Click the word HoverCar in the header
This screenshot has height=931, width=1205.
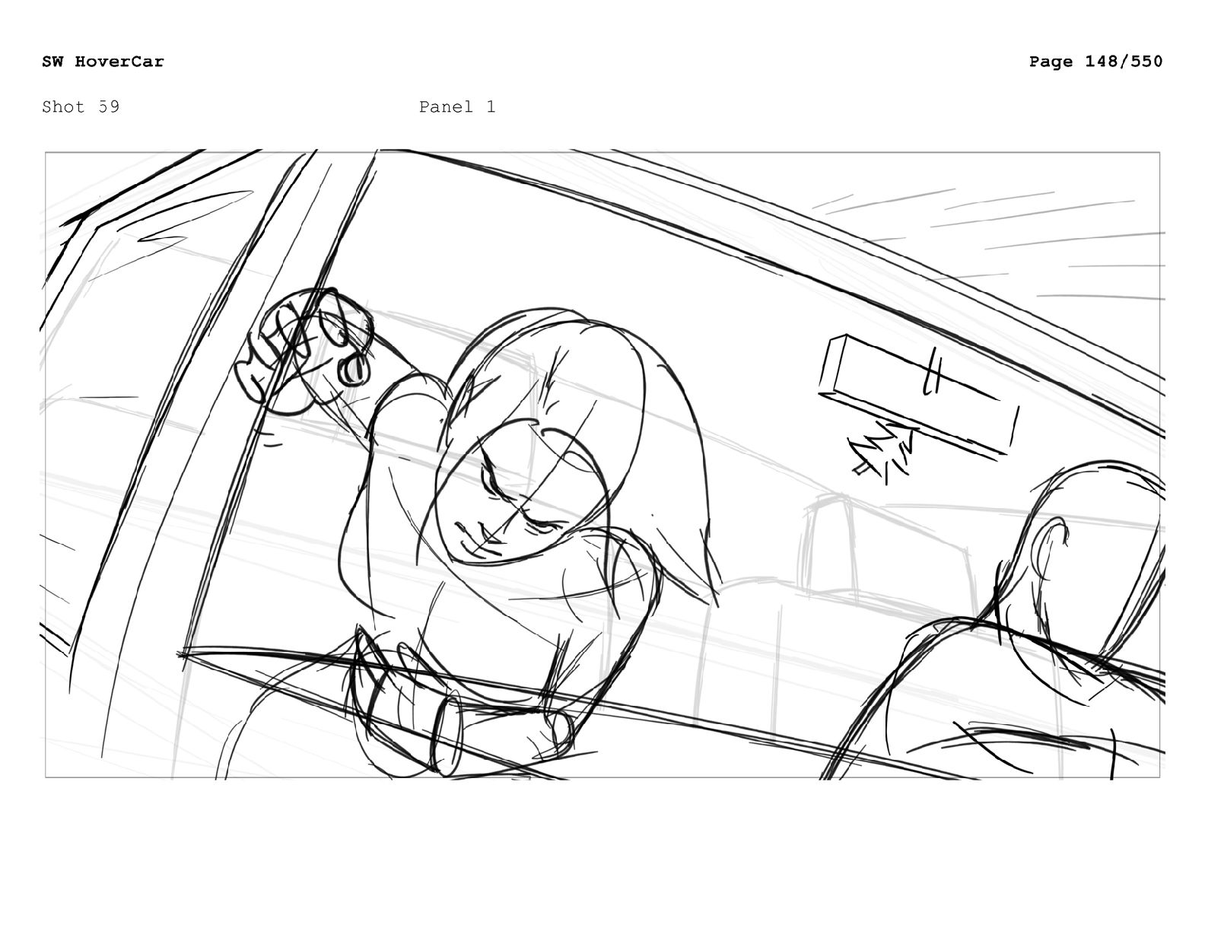point(119,61)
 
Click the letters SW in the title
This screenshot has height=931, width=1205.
point(52,61)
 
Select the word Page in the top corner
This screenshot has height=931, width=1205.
point(1051,62)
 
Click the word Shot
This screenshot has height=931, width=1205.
point(64,106)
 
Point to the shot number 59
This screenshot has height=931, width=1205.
point(109,106)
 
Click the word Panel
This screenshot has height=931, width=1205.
point(447,106)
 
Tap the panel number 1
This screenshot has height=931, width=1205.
point(491,106)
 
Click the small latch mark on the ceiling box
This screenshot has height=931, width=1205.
point(932,371)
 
